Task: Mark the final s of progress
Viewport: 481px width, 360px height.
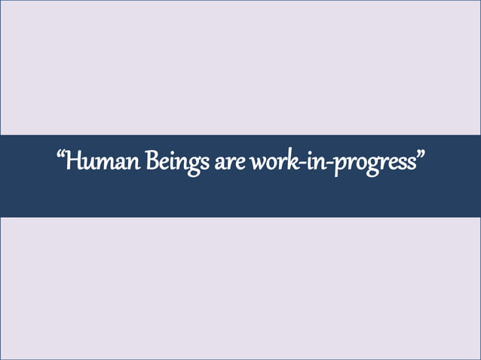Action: coord(411,163)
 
